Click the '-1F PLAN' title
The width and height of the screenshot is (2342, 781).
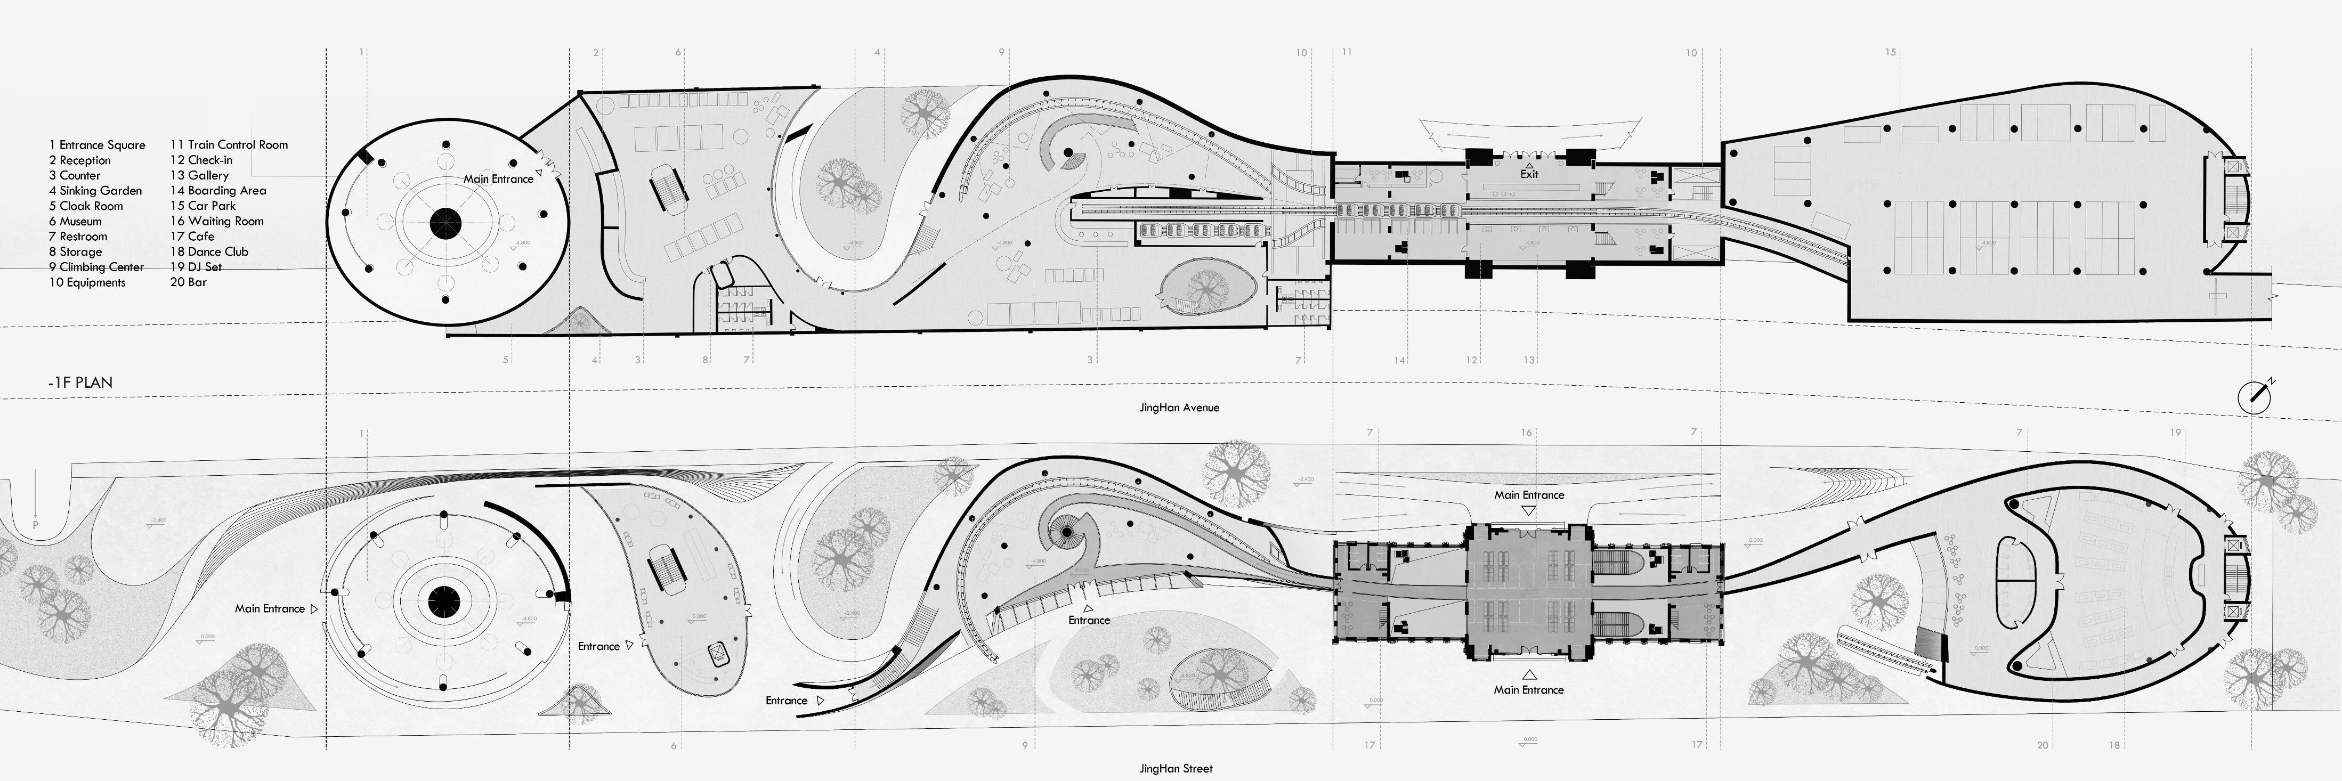coord(81,383)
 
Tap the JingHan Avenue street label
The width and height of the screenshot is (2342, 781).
coord(1179,408)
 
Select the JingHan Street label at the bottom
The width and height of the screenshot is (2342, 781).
coord(1176,768)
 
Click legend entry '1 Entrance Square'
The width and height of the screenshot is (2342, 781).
coord(98,144)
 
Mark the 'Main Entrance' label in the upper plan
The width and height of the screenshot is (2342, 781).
coord(498,179)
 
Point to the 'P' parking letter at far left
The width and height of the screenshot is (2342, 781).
coord(35,525)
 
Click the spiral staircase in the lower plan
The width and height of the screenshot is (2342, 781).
coord(1066,531)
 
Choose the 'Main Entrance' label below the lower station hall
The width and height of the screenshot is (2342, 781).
coord(1529,690)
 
